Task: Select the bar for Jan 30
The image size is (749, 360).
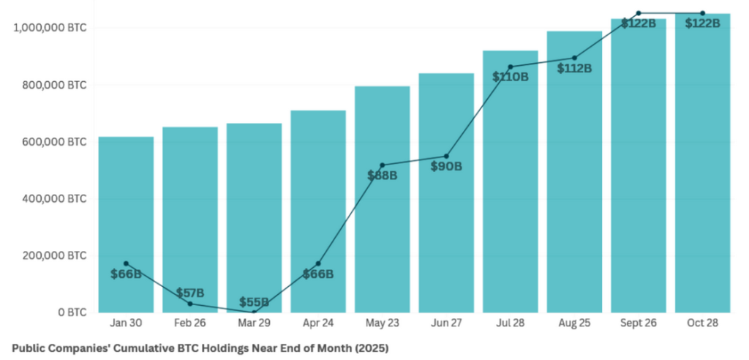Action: pyautogui.click(x=126, y=220)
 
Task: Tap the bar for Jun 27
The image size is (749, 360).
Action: pyautogui.click(x=446, y=234)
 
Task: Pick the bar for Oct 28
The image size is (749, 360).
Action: pyautogui.click(x=702, y=183)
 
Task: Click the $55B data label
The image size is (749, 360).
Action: pyautogui.click(x=254, y=302)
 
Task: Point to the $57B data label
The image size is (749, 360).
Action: pyautogui.click(x=190, y=293)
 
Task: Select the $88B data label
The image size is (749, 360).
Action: pyautogui.click(x=382, y=176)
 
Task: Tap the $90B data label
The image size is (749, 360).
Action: pyautogui.click(x=446, y=166)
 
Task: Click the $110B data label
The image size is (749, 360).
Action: pyautogui.click(x=510, y=76)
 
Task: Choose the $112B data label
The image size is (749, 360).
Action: pyautogui.click(x=574, y=68)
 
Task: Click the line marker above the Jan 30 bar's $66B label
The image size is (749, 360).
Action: pyautogui.click(x=126, y=263)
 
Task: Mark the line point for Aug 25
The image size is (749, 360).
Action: pyautogui.click(x=574, y=58)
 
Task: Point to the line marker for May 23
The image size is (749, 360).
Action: pyautogui.click(x=382, y=165)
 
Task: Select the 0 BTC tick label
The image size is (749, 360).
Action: pyautogui.click(x=70, y=312)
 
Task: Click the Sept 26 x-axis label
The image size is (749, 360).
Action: pyautogui.click(x=638, y=324)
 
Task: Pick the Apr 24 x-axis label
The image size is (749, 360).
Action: pyautogui.click(x=317, y=324)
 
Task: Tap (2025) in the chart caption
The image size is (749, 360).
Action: pyautogui.click(x=371, y=348)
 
